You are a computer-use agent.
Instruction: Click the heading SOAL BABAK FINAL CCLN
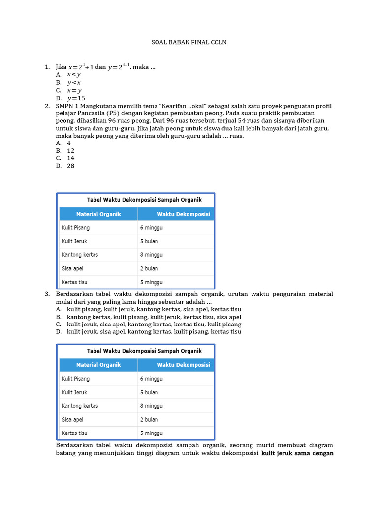tap(189, 43)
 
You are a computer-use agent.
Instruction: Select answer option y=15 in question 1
tap(76, 98)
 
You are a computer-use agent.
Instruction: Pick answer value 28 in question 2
tap(71, 166)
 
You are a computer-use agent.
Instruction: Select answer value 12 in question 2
tap(71, 150)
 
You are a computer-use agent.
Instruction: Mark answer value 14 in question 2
tap(71, 158)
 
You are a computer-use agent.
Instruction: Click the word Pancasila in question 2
tap(103, 113)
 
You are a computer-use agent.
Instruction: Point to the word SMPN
tap(65, 106)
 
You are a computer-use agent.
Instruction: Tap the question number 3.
tap(47, 294)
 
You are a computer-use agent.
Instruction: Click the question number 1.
tap(47, 67)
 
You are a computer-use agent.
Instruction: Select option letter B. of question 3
tap(59, 317)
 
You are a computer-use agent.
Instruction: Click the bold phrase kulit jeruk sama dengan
tap(297, 453)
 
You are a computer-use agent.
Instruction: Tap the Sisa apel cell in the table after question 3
tap(72, 419)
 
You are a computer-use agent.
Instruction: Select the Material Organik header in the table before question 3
tap(98, 214)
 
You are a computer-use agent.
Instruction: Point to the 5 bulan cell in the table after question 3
tap(149, 392)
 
